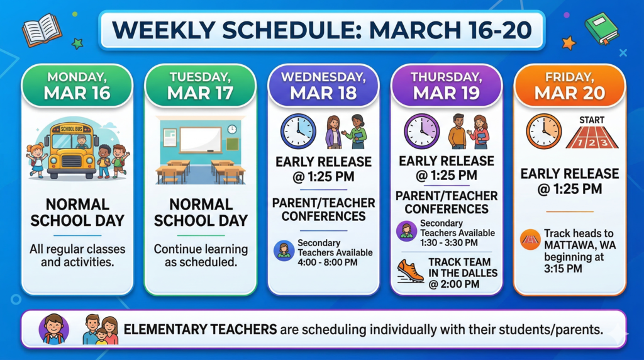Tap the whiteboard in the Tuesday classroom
coord(200,139)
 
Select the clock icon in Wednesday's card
coord(297,132)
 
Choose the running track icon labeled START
coord(592,133)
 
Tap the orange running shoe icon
coord(410,271)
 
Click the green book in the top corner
coord(601,28)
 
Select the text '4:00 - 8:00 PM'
coord(328,262)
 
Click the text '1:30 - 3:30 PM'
coord(449,242)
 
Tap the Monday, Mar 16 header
coord(77,86)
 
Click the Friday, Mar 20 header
coord(570,86)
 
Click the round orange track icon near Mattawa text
coord(530,240)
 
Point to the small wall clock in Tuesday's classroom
coord(232,129)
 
